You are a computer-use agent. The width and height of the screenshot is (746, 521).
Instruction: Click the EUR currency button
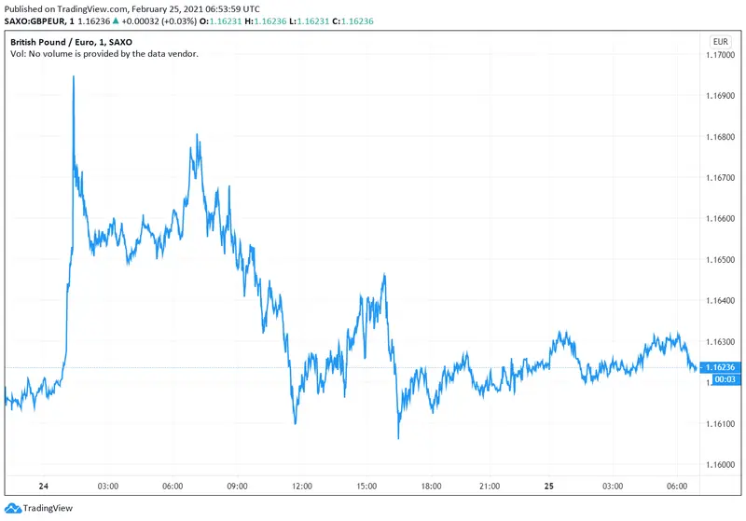click(720, 42)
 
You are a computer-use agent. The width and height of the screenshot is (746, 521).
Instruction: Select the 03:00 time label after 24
click(107, 486)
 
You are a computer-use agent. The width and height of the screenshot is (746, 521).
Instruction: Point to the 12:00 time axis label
click(301, 486)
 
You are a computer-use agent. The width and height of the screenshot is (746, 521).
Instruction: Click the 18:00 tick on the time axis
click(430, 486)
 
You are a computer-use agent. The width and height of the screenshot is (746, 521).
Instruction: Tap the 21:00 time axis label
click(494, 486)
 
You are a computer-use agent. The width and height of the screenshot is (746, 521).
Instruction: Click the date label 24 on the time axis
click(42, 486)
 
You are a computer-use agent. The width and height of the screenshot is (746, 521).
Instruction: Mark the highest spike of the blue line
click(74, 76)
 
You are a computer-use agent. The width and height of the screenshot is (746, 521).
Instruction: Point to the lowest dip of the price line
click(398, 438)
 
